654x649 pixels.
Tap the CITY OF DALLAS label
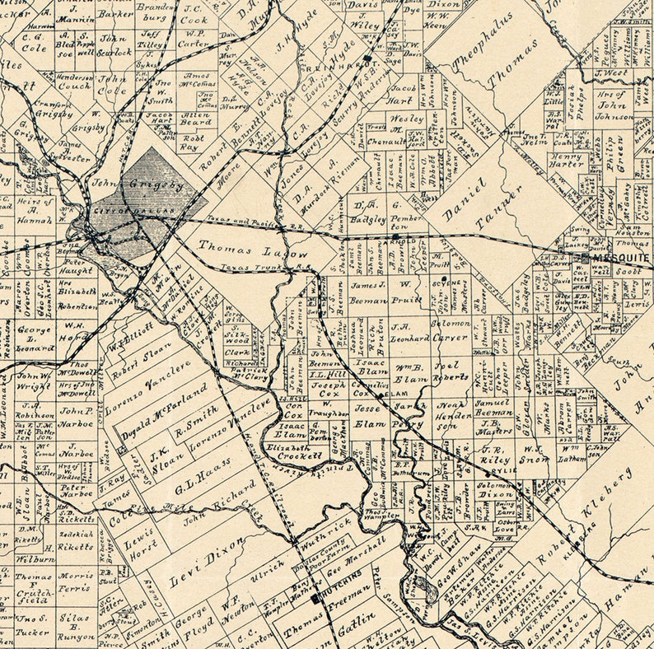coord(143,212)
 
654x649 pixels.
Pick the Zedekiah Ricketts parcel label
coord(76,539)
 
